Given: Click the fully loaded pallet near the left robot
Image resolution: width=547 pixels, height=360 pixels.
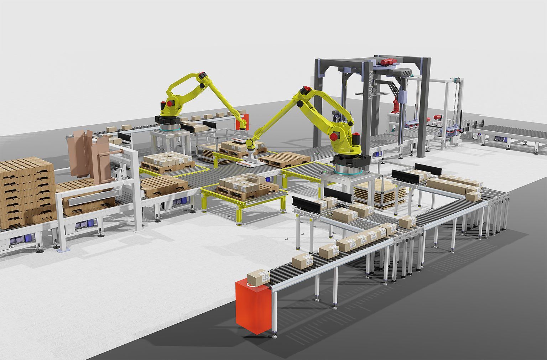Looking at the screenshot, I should (167, 162).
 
